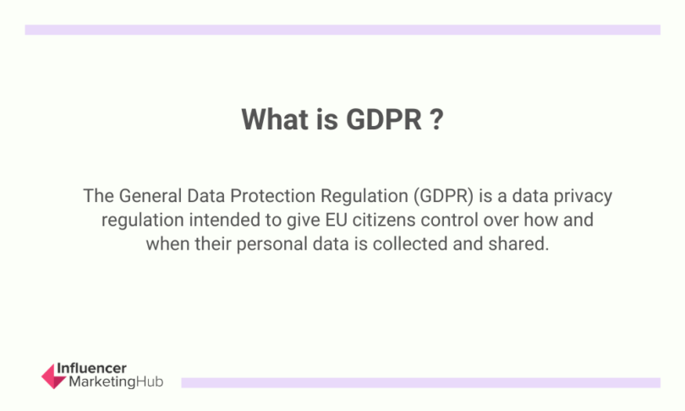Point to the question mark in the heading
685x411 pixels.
437,119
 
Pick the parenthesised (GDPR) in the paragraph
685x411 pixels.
441,197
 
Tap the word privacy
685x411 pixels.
582,197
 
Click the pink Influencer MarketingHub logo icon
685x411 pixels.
53,376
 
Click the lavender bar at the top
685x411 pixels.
342,30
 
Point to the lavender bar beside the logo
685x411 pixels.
420,382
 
